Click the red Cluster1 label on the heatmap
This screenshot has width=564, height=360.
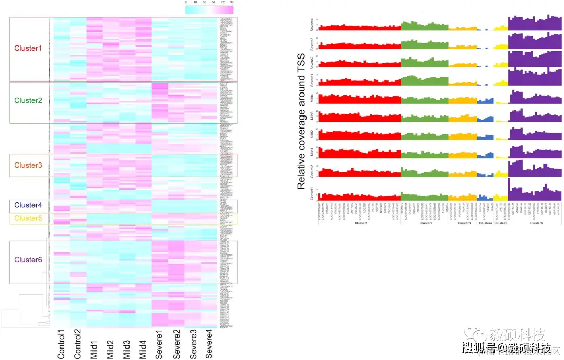28,48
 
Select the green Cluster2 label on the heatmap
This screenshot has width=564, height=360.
28,100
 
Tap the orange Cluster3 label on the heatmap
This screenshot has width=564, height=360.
28,165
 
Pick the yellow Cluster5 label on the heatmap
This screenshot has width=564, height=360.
28,218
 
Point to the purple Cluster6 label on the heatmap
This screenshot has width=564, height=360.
28,260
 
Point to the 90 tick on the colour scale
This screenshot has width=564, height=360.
231,3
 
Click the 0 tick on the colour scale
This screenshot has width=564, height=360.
186,3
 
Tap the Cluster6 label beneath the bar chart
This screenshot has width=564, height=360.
535,223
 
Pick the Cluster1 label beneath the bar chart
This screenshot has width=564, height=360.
360,223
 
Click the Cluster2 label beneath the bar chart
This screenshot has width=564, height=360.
425,223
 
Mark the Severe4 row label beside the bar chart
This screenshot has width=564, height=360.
312,24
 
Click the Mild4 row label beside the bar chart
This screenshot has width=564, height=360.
312,99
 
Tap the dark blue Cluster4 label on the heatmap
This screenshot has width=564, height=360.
28,205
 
